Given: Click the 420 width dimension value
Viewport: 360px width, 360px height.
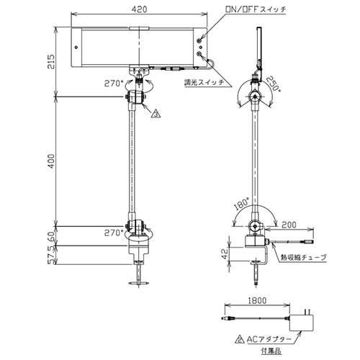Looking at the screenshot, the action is (x=139, y=9).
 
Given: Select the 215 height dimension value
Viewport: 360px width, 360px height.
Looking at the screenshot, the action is (x=51, y=62).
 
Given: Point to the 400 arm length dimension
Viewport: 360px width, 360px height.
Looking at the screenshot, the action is (x=51, y=161).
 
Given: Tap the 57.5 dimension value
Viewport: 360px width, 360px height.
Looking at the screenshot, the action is (x=51, y=256).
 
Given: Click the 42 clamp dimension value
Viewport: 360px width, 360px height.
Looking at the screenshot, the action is (x=225, y=253).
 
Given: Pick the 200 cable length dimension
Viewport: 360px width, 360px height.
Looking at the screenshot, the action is (x=289, y=225).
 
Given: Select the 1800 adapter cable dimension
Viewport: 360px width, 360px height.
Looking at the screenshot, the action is (x=256, y=300).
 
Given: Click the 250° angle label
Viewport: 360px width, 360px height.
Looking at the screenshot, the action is (x=274, y=84).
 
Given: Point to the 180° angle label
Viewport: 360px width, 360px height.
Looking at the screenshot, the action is (x=242, y=204).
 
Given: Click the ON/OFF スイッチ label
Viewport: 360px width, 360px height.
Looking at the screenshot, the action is (x=256, y=9).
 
